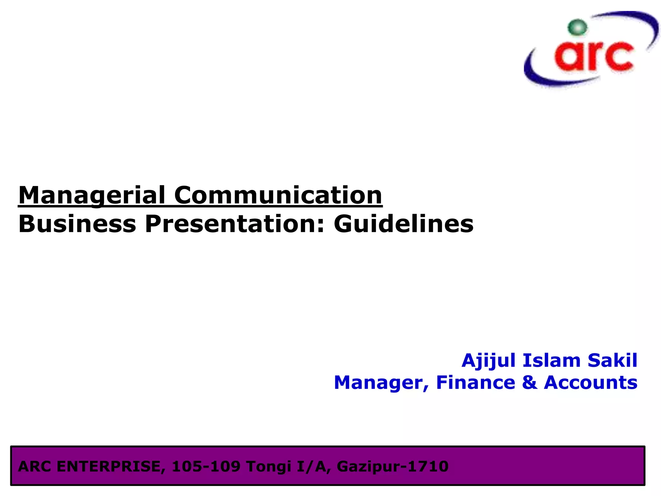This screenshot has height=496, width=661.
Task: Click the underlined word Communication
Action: click(x=278, y=195)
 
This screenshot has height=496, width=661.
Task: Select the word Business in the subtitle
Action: click(x=77, y=224)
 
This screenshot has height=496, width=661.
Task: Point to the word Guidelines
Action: click(x=403, y=224)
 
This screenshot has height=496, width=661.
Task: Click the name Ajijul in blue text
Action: click(x=489, y=360)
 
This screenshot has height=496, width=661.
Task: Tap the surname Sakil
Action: click(x=612, y=360)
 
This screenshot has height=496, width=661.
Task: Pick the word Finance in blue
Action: click(x=475, y=383)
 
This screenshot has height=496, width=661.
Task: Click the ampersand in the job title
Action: click(x=529, y=383)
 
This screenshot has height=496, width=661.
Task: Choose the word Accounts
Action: click(x=591, y=383)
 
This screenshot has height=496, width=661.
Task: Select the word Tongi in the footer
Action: click(x=269, y=467)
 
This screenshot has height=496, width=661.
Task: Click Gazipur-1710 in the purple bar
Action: click(x=392, y=467)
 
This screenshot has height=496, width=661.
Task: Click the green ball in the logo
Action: click(x=577, y=27)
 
